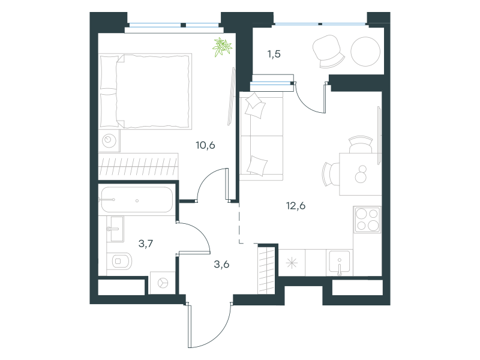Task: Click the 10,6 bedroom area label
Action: pyautogui.click(x=205, y=145)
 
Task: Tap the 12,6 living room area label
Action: pyautogui.click(x=296, y=206)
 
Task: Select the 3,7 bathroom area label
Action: pyautogui.click(x=146, y=244)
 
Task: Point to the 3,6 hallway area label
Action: pyautogui.click(x=221, y=264)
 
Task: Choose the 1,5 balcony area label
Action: pyautogui.click(x=274, y=54)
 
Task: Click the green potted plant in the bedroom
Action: pyautogui.click(x=222, y=47)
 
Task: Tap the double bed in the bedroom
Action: pyautogui.click(x=146, y=91)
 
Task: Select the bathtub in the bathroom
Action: pyautogui.click(x=137, y=200)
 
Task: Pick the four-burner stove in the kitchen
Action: pyautogui.click(x=367, y=219)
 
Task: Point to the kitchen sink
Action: pyautogui.click(x=340, y=262)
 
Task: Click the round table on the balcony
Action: pyautogui.click(x=365, y=52)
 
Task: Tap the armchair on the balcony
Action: pyautogui.click(x=328, y=52)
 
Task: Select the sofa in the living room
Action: pyautogui.click(x=262, y=136)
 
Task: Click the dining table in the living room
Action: pyautogui.click(x=361, y=174)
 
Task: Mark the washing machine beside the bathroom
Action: pyautogui.click(x=163, y=283)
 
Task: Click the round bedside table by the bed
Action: pyautogui.click(x=109, y=141)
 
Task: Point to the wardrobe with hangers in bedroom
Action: pyautogui.click(x=138, y=167)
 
